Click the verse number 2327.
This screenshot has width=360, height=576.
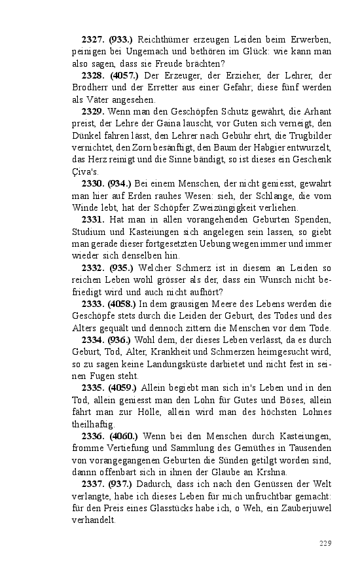tap(93, 40)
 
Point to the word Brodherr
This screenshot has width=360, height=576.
tap(90, 88)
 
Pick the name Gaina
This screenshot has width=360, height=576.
tap(170, 124)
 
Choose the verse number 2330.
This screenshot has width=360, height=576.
tap(93, 183)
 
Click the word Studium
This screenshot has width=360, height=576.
tap(90, 231)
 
